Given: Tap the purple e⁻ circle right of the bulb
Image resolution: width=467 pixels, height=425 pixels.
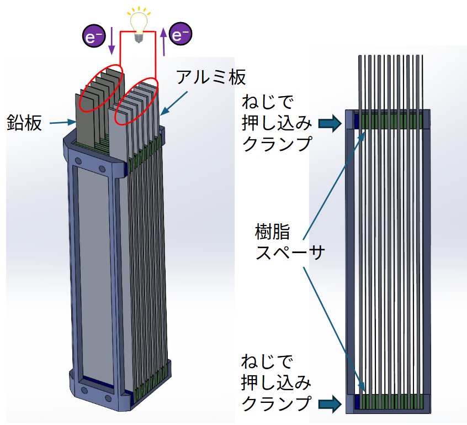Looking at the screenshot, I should point(181,35).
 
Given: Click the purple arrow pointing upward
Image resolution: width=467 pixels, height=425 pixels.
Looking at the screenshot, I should point(163,40).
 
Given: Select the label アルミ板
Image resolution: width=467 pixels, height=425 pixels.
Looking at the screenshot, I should point(210,77).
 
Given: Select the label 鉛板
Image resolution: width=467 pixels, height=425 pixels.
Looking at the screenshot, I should point(25,122).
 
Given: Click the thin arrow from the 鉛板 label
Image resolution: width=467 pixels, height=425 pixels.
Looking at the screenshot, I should point(61,122).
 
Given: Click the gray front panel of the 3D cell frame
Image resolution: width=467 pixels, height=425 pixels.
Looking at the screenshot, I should point(91,265).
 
